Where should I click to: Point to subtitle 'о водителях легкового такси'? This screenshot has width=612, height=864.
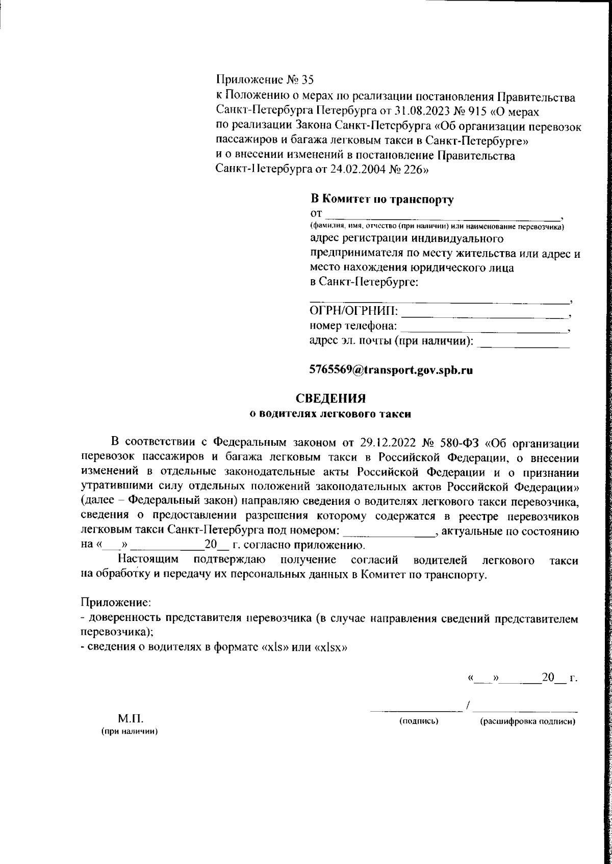tap(330, 414)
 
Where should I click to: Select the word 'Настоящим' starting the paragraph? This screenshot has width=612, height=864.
tap(148, 560)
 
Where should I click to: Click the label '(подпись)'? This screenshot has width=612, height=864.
tap(419, 722)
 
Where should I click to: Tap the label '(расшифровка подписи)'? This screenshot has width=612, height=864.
tap(527, 722)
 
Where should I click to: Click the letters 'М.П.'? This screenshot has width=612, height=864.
tap(131, 720)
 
